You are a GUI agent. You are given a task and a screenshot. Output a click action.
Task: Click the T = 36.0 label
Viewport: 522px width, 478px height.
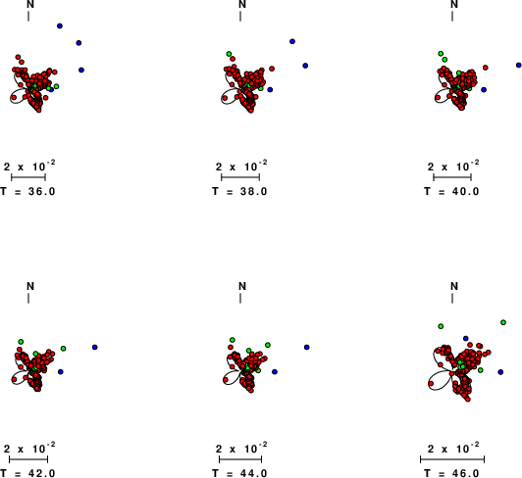point(27,192)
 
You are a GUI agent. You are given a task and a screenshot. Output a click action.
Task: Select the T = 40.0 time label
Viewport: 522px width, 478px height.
point(451,192)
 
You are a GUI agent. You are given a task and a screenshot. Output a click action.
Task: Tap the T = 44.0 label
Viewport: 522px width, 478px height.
point(239,473)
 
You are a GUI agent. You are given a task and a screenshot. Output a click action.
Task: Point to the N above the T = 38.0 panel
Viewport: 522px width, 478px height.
point(242,4)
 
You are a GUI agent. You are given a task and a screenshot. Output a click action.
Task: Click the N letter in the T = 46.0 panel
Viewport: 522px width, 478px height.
point(454,286)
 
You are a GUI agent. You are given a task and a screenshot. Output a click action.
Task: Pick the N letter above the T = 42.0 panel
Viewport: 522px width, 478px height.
point(30,286)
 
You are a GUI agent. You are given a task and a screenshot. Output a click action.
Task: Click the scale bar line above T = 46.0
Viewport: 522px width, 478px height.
point(452,459)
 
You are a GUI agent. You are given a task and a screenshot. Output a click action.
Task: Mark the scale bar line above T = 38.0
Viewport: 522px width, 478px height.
point(240,177)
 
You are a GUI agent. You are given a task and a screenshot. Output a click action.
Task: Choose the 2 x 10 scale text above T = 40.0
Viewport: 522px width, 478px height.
point(453,166)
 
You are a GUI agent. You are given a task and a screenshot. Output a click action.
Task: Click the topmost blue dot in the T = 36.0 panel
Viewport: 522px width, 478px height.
point(60,25)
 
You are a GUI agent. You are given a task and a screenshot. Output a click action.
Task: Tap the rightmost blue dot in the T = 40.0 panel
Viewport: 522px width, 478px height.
point(519,66)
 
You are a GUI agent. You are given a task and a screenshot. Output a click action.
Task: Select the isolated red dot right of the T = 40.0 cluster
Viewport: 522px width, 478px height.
point(486,68)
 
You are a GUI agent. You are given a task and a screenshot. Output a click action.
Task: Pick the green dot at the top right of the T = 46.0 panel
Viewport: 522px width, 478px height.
point(503,322)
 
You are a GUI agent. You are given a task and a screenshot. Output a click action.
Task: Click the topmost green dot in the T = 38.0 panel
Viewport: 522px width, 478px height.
point(229,54)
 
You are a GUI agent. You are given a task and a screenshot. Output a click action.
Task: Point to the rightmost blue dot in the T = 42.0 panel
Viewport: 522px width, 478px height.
point(95,348)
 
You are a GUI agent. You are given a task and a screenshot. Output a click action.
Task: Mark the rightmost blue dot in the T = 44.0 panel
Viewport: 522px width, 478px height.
point(306,348)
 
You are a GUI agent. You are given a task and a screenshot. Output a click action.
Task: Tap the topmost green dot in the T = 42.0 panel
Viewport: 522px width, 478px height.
point(21,342)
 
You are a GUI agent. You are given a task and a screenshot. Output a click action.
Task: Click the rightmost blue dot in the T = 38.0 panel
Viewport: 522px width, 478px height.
point(305,66)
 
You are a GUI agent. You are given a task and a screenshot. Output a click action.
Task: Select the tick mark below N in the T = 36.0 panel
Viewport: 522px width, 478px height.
point(28,17)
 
